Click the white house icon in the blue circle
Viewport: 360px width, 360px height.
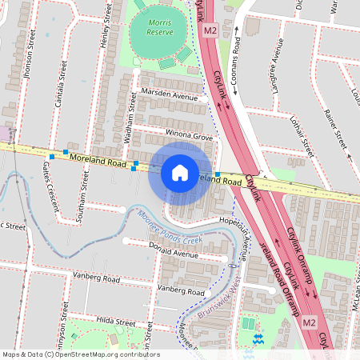pyautogui.click(x=180, y=172)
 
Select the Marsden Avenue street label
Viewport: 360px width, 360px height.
pyautogui.click(x=169, y=97)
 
